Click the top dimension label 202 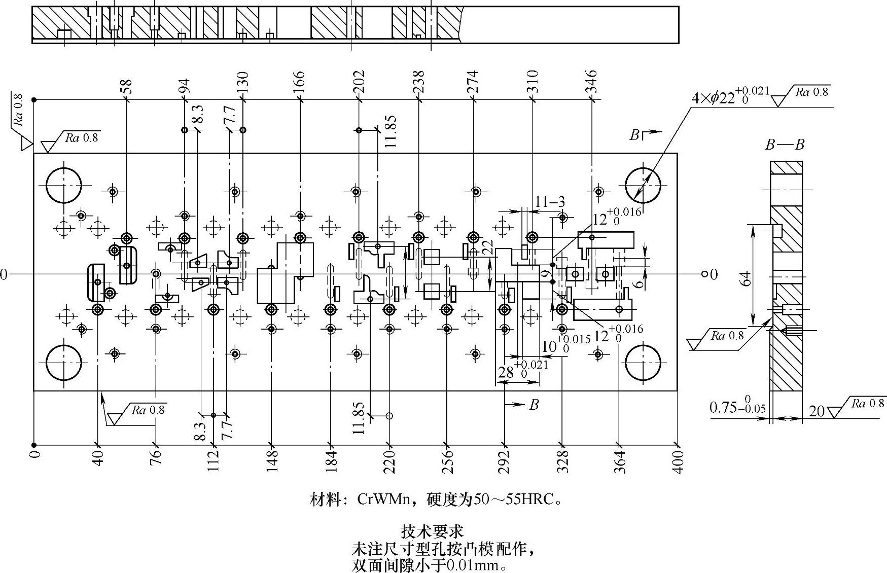359,81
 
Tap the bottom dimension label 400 678,461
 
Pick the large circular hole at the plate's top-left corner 64,185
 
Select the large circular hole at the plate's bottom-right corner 643,363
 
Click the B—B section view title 785,145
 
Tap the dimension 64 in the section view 745,278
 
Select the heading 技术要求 432,531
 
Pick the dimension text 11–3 550,202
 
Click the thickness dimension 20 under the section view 817,410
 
